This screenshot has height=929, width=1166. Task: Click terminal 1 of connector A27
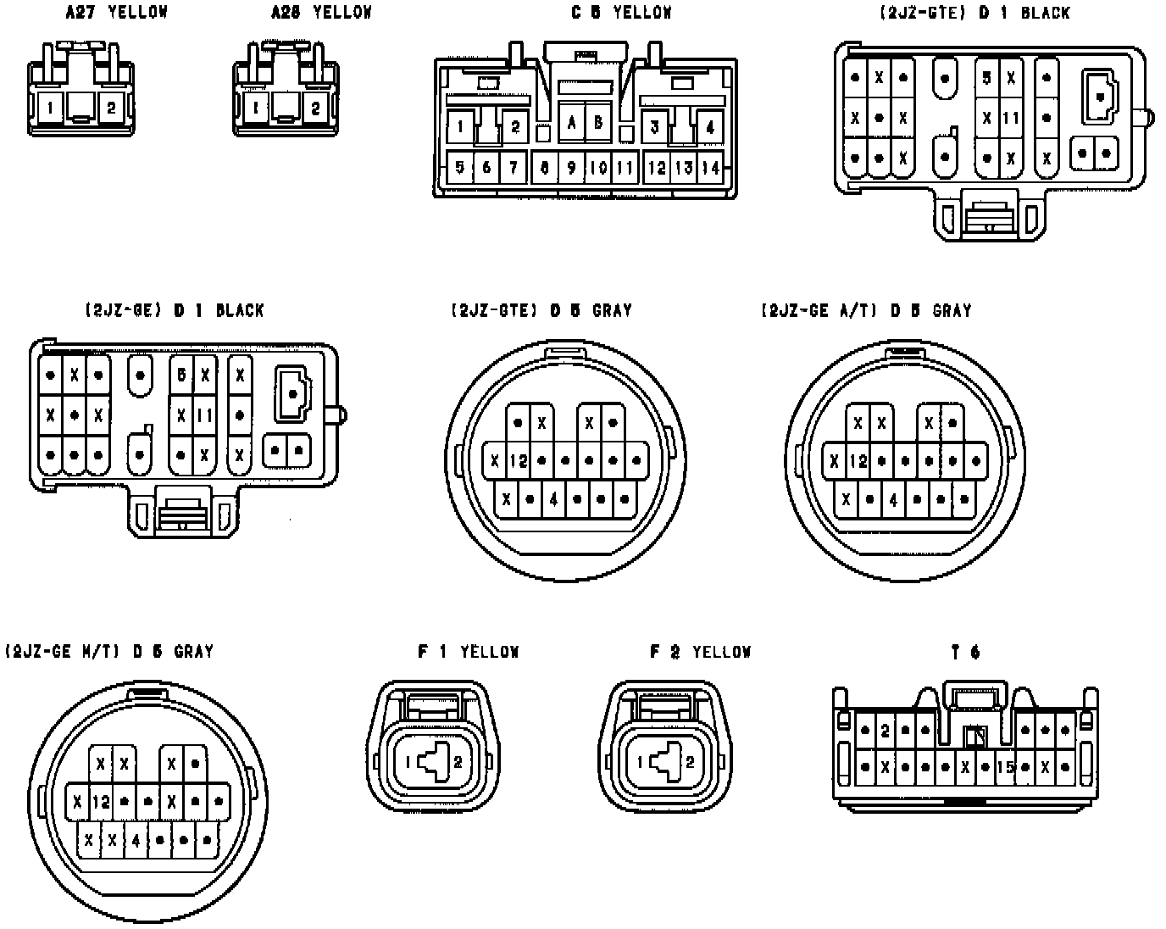(53, 108)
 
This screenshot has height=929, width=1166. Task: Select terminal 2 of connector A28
(315, 108)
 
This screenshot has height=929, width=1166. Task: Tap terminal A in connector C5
(572, 123)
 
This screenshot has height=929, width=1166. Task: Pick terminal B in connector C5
(598, 123)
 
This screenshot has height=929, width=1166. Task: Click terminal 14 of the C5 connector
(711, 167)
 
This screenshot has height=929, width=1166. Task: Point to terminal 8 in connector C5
(545, 167)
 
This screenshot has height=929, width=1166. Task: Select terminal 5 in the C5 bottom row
(460, 167)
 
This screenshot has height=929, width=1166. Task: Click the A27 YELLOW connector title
(117, 12)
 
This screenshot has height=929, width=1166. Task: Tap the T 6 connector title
(965, 652)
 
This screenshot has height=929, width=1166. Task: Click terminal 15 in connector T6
(1006, 767)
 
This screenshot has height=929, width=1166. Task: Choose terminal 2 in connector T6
(885, 729)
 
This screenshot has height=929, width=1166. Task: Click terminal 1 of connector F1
(408, 762)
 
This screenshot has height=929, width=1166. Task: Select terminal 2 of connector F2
(690, 762)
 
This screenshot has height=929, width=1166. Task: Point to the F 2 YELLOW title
(700, 652)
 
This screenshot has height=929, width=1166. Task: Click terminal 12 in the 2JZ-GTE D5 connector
(519, 461)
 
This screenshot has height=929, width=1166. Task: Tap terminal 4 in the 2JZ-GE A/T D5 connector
(893, 499)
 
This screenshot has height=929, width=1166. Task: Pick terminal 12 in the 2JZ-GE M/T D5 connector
(101, 801)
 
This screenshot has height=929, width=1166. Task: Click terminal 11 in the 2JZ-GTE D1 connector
(1011, 119)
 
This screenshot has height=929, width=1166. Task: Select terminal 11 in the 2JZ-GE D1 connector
(205, 415)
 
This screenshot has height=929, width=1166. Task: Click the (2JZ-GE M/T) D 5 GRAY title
(109, 652)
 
